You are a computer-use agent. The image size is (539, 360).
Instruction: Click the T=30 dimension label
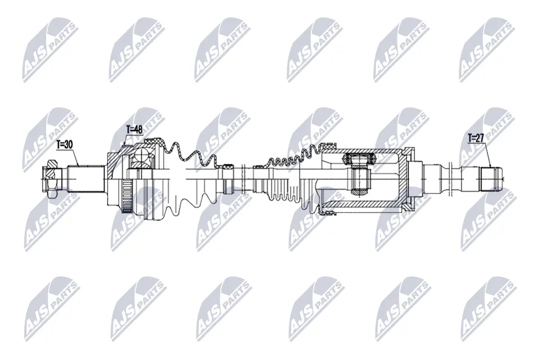65,145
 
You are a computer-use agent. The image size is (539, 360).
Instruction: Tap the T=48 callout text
134,130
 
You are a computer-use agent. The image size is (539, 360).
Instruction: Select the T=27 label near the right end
476,138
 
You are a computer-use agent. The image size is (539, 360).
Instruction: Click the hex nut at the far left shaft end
51,179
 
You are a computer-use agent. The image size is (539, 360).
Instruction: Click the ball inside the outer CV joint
141,156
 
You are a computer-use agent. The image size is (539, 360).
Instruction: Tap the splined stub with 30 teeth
86,179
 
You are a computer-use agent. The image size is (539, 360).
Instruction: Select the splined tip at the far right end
491,179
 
